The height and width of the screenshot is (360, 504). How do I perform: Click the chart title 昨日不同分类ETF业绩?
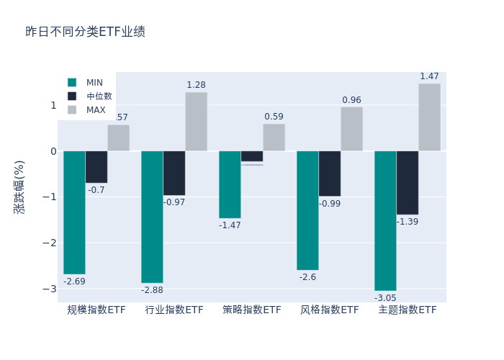pos(85,32)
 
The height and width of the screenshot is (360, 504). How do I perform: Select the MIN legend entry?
pos(94,83)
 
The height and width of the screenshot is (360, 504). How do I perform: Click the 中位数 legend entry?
pos(99,96)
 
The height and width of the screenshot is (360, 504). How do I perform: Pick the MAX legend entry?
pos(96,110)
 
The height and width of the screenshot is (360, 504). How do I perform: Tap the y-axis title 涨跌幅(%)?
pos(19,187)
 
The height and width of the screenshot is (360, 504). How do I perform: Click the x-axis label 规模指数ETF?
pos(96,310)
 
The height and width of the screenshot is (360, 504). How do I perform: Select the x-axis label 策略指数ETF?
pos(252,310)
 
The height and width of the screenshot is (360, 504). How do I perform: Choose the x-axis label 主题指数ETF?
pos(408,310)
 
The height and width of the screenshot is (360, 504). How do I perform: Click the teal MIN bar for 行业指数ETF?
pos(152,217)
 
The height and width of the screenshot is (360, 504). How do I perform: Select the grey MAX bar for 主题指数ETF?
pos(429,117)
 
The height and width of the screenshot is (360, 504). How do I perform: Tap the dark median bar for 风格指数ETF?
pos(329,174)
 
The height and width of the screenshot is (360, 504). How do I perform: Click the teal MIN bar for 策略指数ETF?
pos(230,184)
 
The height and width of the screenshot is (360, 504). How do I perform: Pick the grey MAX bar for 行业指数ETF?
pos(196,122)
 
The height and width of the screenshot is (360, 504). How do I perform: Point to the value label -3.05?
pos(385,297)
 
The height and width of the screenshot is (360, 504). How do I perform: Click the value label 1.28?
pos(196,85)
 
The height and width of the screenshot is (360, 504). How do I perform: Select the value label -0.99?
pos(330,204)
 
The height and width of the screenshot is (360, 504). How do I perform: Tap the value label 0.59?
pos(274,117)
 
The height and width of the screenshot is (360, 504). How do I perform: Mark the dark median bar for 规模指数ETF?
pos(96,167)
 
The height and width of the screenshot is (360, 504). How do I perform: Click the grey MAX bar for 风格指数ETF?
pos(351,129)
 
